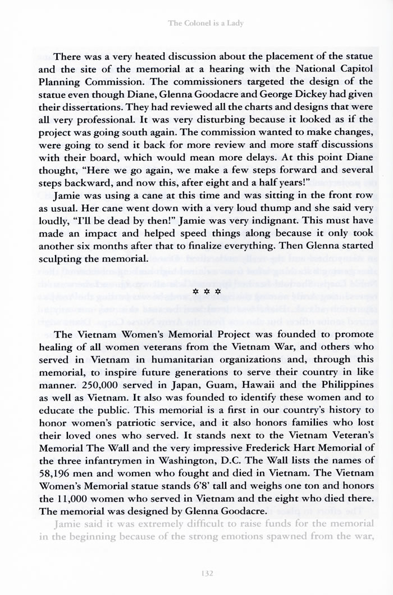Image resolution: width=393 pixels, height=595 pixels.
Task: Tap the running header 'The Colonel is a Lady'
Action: coord(196,23)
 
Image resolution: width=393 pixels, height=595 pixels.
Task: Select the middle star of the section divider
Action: coord(196,292)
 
